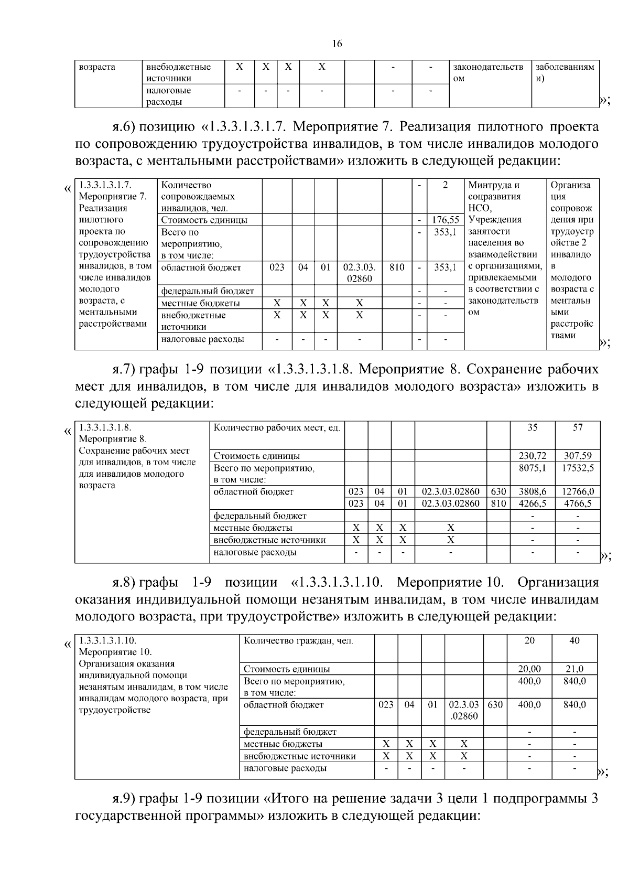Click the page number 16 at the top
click(337, 44)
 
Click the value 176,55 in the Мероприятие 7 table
click(445, 220)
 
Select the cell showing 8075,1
click(532, 468)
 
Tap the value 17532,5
click(578, 468)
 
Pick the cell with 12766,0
click(578, 491)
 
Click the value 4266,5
click(532, 503)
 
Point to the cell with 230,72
click(532, 456)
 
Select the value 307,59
click(578, 456)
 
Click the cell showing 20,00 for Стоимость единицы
click(529, 669)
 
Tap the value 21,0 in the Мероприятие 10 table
click(574, 669)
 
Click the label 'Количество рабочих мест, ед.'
click(276, 428)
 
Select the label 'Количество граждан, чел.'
click(298, 641)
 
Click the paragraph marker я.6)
click(124, 127)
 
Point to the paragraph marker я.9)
click(124, 799)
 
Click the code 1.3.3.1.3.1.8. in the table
click(105, 427)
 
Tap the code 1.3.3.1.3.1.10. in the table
click(107, 641)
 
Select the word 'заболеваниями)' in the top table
click(565, 72)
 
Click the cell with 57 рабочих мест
click(578, 427)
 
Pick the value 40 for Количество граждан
click(574, 641)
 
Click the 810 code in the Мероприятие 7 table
click(397, 267)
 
